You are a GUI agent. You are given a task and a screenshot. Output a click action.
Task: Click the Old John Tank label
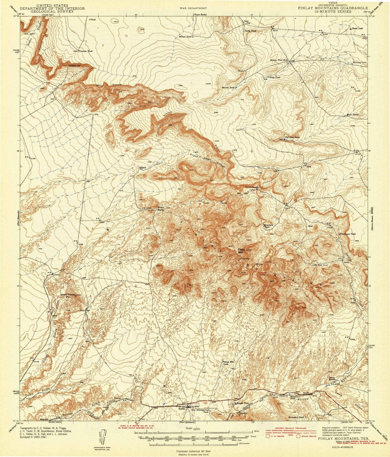click(292, 137)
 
